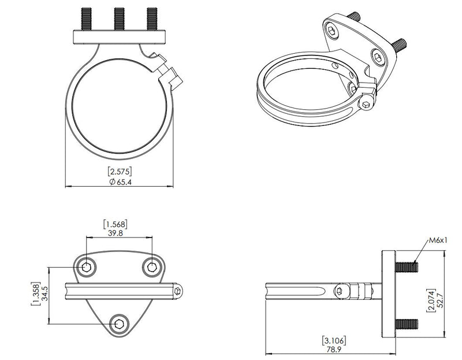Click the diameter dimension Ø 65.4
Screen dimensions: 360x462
coord(120,181)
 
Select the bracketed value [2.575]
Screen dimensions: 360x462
coord(120,171)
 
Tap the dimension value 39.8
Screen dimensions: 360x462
coord(115,233)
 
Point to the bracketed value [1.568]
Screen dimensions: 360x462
coord(115,223)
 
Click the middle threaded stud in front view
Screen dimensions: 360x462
coord(120,18)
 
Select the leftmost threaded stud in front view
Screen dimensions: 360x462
coord(87,18)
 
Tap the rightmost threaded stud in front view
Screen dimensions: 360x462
coord(152,18)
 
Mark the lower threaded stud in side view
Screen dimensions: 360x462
coord(407,324)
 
